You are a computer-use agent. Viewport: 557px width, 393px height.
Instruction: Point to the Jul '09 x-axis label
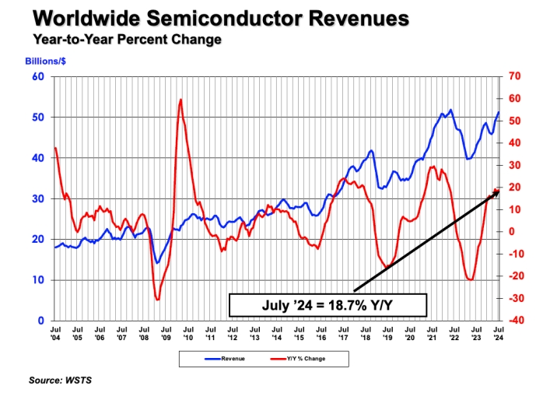click(166, 334)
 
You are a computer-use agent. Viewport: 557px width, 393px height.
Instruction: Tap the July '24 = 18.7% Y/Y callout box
click(328, 305)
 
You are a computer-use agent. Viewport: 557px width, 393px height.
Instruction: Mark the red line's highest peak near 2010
click(180, 100)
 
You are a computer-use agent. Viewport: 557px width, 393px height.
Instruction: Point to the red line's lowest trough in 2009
click(157, 299)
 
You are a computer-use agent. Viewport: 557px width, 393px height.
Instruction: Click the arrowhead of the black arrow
click(496, 191)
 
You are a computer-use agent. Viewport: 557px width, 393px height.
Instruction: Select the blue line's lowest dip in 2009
click(157, 262)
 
